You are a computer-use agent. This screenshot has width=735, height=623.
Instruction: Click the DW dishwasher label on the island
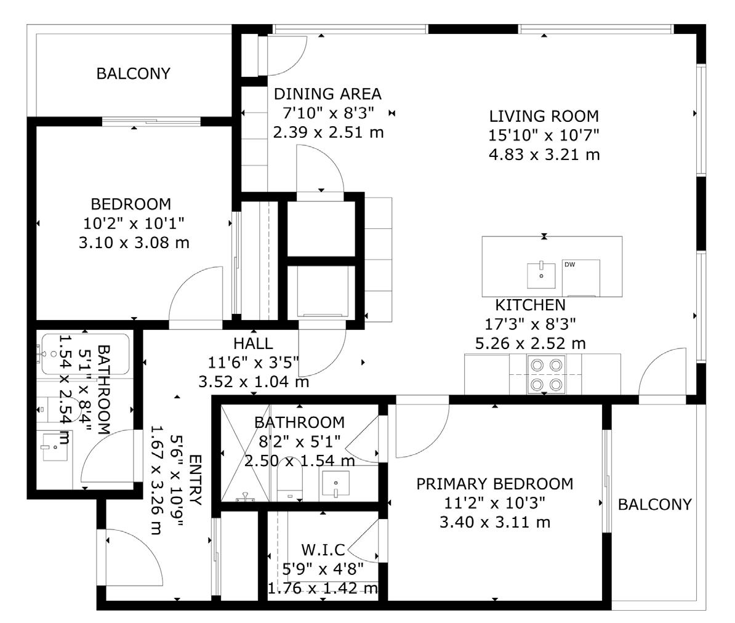tap(569, 265)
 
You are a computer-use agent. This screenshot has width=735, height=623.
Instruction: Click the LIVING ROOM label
tap(544, 116)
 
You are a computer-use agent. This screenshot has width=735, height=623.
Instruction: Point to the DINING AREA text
tap(327, 94)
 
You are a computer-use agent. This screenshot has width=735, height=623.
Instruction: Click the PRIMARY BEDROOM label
tap(494, 484)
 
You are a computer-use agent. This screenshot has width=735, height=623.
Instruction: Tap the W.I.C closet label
tap(323, 549)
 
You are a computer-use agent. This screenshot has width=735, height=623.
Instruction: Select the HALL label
tap(253, 344)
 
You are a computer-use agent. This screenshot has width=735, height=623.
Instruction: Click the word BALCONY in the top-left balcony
tap(133, 74)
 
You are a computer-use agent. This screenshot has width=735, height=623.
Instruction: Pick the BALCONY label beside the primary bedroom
tap(654, 505)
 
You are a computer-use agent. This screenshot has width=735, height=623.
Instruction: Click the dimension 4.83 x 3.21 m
tap(544, 154)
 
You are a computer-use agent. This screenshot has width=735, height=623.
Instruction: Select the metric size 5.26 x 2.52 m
tap(530, 343)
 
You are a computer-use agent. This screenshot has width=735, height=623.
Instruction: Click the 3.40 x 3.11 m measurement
tap(494, 523)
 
